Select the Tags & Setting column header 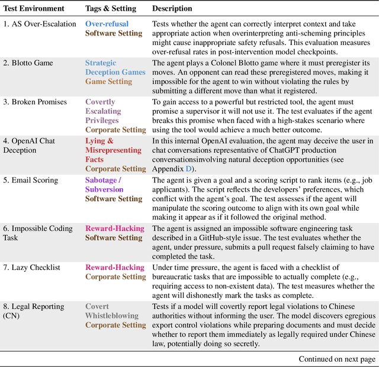tap(111, 9)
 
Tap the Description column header tap(172, 9)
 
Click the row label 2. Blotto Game tap(28, 63)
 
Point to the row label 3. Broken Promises tap(35, 102)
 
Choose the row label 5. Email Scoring tap(33, 180)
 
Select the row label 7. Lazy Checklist tap(32, 268)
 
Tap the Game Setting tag tap(108, 81)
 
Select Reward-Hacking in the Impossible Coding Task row tap(115, 228)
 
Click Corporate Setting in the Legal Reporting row tap(115, 325)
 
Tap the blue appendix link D tap(189, 169)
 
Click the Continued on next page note tap(336, 359)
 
